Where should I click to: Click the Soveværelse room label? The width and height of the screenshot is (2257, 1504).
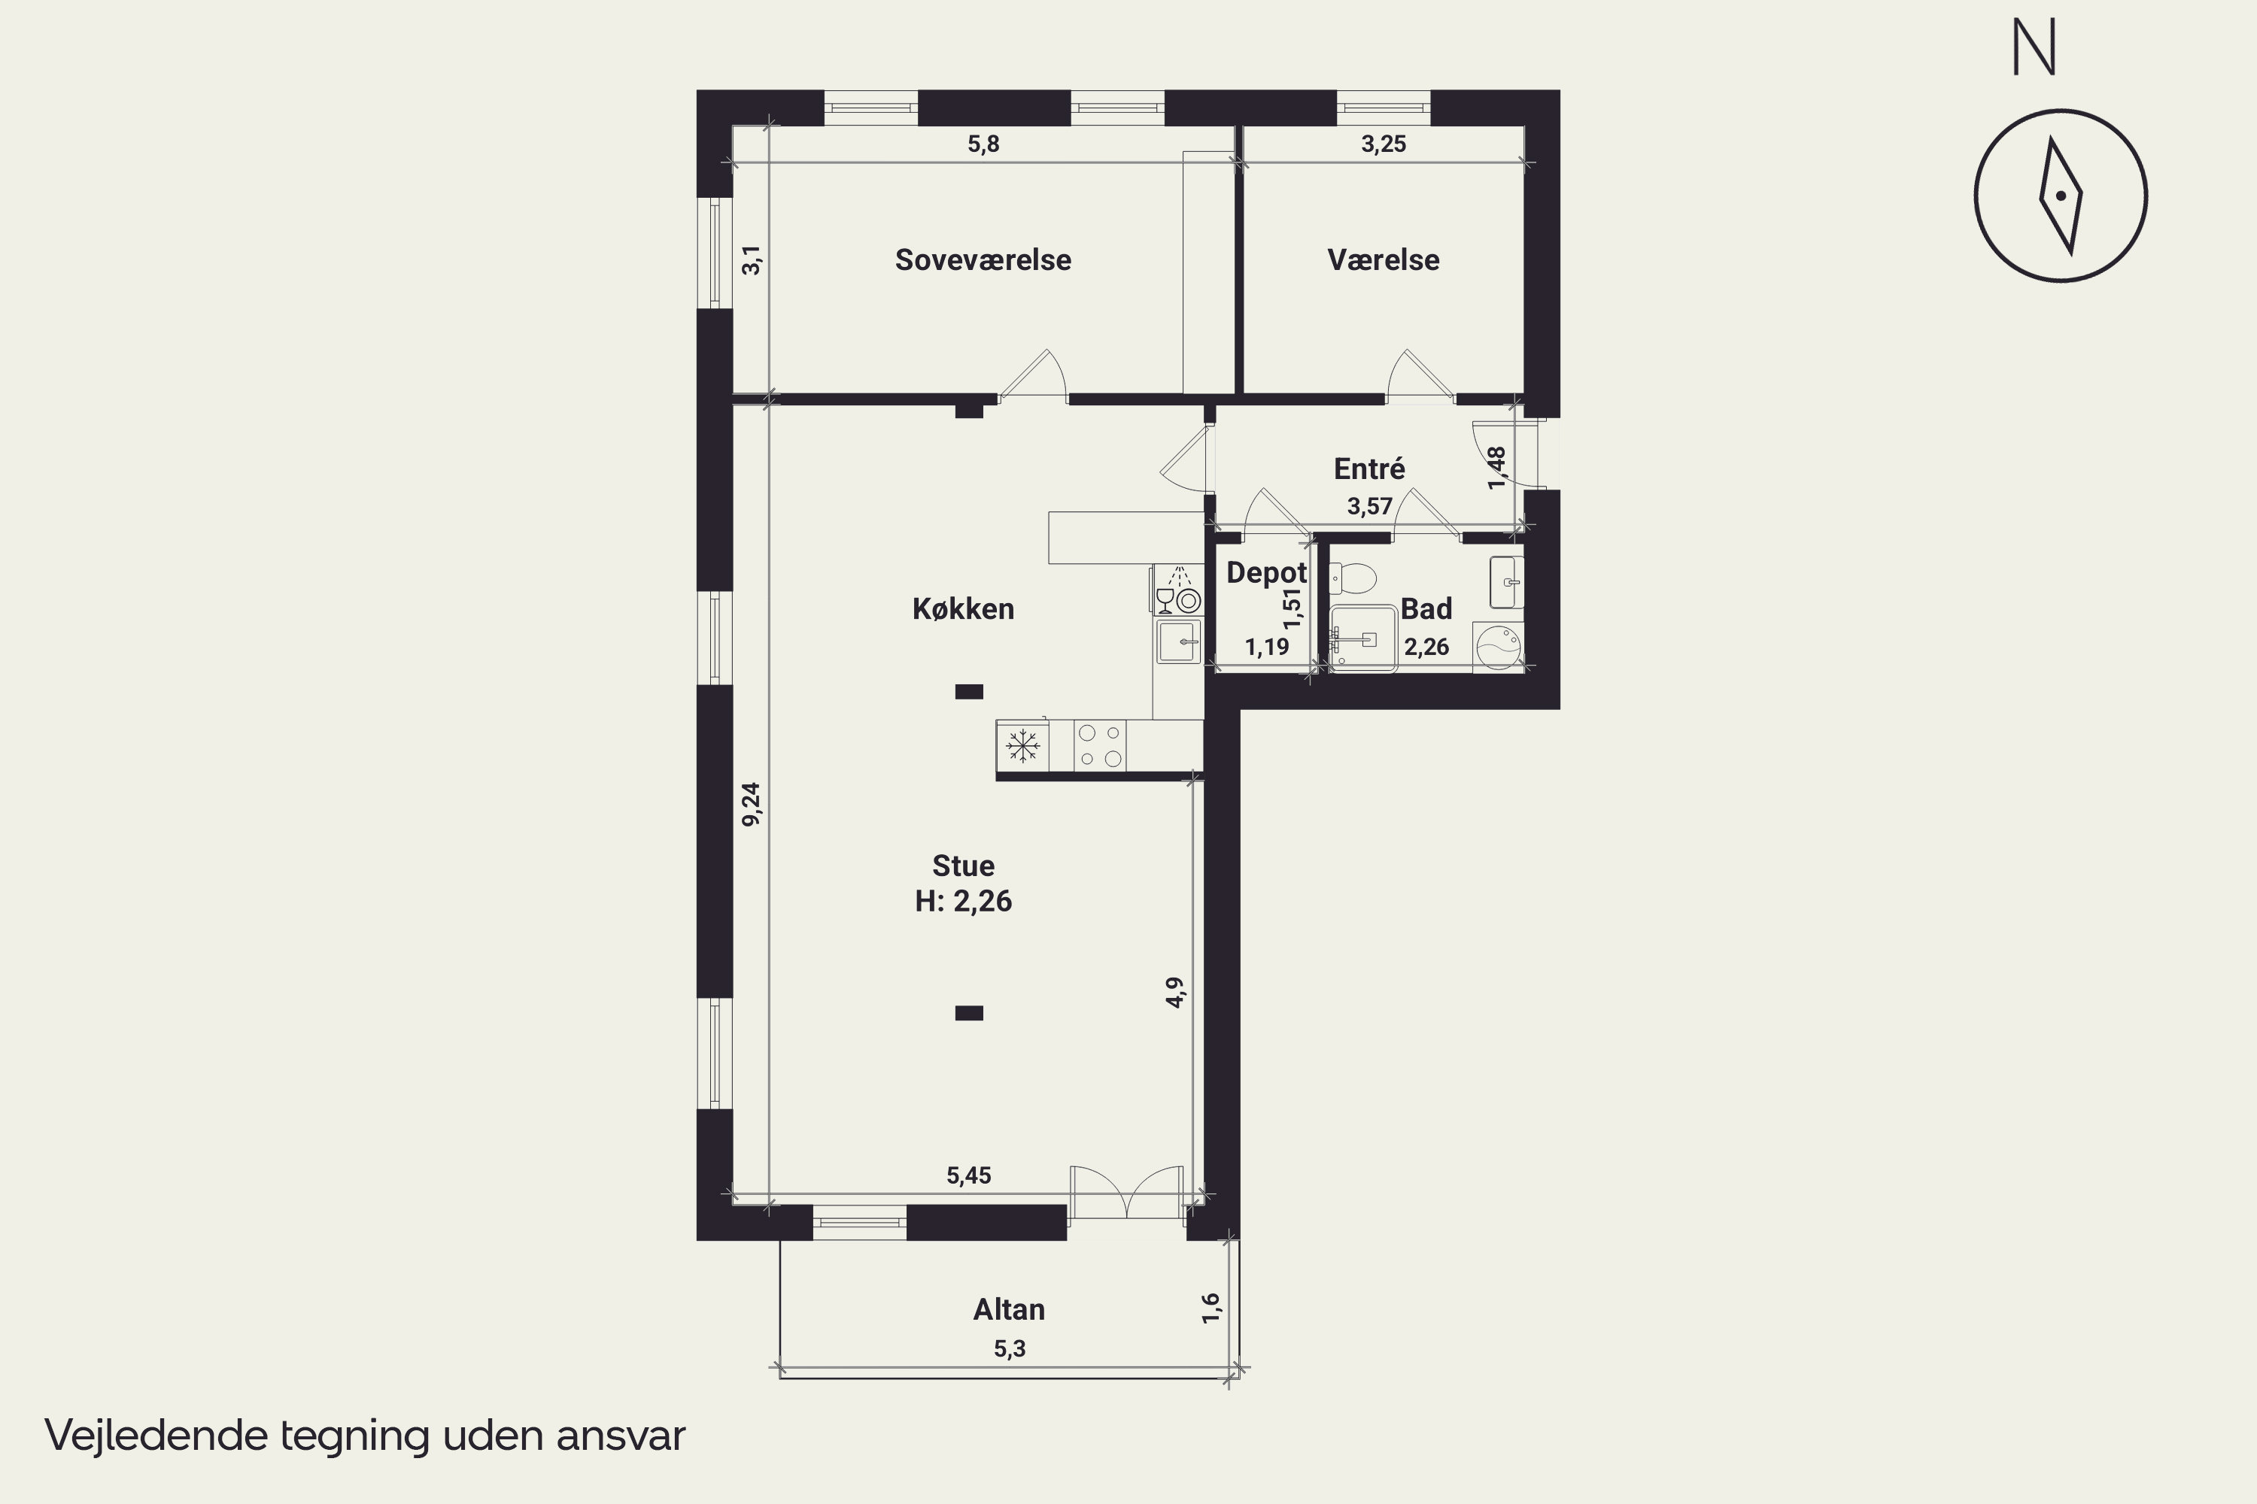click(x=983, y=260)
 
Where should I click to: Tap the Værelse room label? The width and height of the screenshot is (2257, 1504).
click(x=1383, y=260)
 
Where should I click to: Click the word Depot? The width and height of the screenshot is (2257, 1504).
click(x=1267, y=572)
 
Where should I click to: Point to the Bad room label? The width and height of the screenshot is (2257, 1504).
click(x=1426, y=608)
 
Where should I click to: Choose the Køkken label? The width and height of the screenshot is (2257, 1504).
click(x=962, y=608)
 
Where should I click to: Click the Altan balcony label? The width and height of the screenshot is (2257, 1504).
click(x=1009, y=1309)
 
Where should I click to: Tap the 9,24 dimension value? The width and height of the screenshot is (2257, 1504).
click(x=752, y=804)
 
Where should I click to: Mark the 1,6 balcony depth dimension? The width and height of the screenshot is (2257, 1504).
click(x=1211, y=1308)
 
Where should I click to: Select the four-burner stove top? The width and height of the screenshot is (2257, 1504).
click(x=1100, y=745)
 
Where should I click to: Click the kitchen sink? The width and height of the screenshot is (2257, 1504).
click(x=1178, y=641)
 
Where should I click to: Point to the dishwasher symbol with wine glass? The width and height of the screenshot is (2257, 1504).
click(x=1177, y=590)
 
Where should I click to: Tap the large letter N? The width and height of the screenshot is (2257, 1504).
click(x=2034, y=48)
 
